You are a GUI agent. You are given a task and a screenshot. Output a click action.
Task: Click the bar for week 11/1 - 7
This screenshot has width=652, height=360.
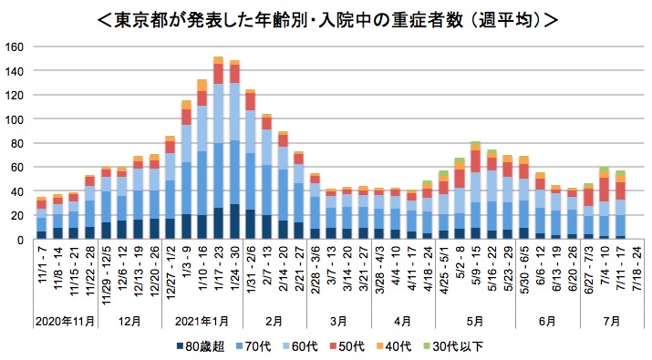pos(41,219)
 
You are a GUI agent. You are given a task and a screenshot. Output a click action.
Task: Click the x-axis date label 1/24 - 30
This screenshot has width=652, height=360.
pos(235,274)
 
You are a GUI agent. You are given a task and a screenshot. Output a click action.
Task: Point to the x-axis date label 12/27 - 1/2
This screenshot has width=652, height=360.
pos(171,277)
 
